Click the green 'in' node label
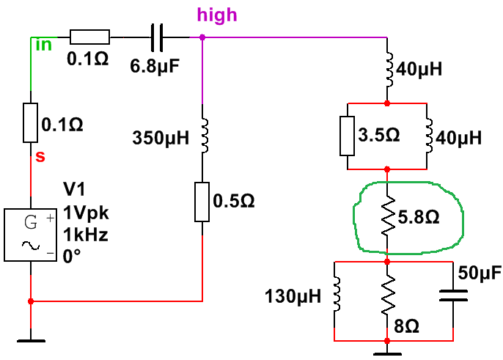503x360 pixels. click(44, 45)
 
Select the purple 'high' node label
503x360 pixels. click(217, 15)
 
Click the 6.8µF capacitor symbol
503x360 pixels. click(158, 34)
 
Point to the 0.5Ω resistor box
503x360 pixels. click(202, 202)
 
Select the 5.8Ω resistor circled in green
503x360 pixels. click(388, 218)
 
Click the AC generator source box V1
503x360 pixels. click(31, 235)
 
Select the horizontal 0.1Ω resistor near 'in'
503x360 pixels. click(89, 35)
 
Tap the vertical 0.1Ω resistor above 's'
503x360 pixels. click(30, 123)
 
